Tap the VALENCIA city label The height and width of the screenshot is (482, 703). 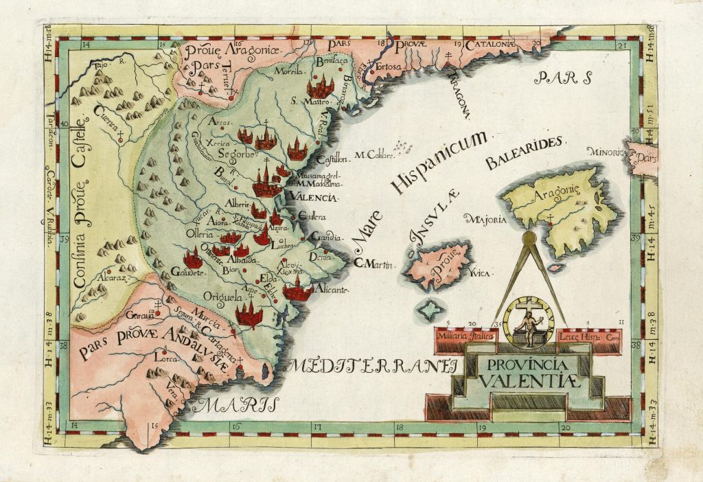(x=314, y=198)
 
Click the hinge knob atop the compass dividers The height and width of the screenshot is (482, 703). (x=529, y=238)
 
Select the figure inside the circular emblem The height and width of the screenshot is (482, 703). (x=529, y=323)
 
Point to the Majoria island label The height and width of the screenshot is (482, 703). (x=485, y=220)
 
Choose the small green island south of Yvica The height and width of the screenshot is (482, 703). (x=429, y=310)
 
